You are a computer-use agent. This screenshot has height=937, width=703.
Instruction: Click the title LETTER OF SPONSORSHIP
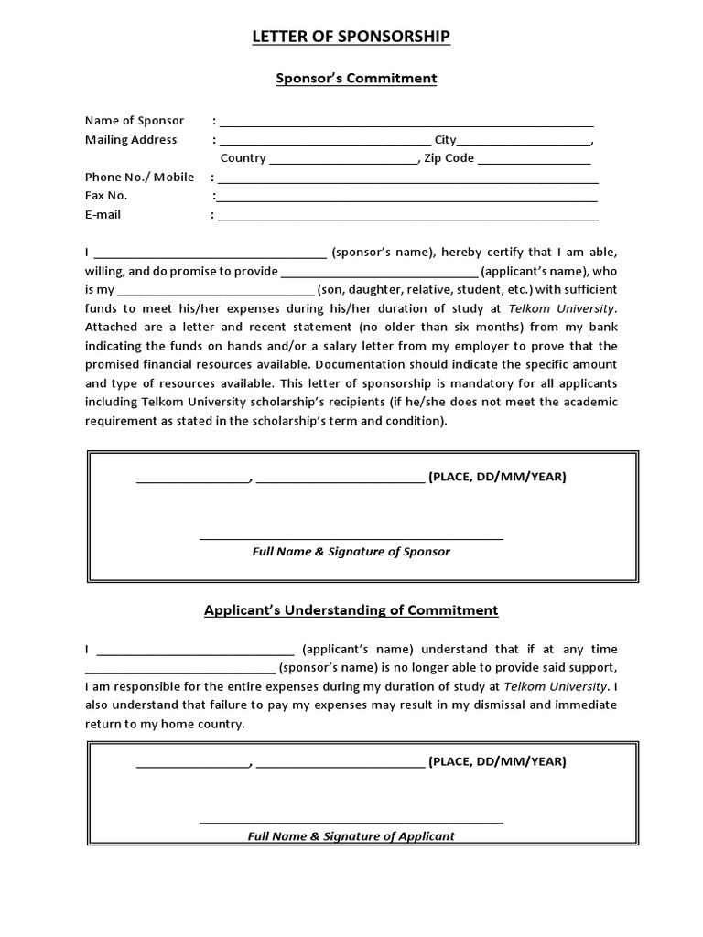click(x=351, y=37)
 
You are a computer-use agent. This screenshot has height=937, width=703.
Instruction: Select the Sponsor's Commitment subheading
click(x=356, y=79)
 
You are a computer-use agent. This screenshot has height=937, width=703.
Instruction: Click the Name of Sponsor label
click(x=135, y=121)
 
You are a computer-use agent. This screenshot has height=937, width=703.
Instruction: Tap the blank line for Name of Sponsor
click(x=406, y=124)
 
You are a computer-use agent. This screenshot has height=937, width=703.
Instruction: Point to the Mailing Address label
click(x=131, y=140)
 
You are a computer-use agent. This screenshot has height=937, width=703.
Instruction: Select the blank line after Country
click(x=343, y=161)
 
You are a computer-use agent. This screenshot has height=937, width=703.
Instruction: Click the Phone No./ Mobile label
click(x=139, y=178)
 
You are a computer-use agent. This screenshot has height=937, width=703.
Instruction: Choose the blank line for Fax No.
click(x=406, y=199)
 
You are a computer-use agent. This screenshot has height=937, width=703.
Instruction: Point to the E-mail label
click(x=103, y=215)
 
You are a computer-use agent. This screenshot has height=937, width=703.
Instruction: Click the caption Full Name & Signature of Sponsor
click(x=351, y=552)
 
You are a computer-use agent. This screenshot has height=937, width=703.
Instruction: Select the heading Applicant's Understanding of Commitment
click(x=351, y=610)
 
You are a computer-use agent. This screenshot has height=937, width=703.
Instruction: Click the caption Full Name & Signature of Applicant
click(x=351, y=835)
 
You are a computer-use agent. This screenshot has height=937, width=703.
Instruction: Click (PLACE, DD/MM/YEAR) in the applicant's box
click(x=497, y=761)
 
